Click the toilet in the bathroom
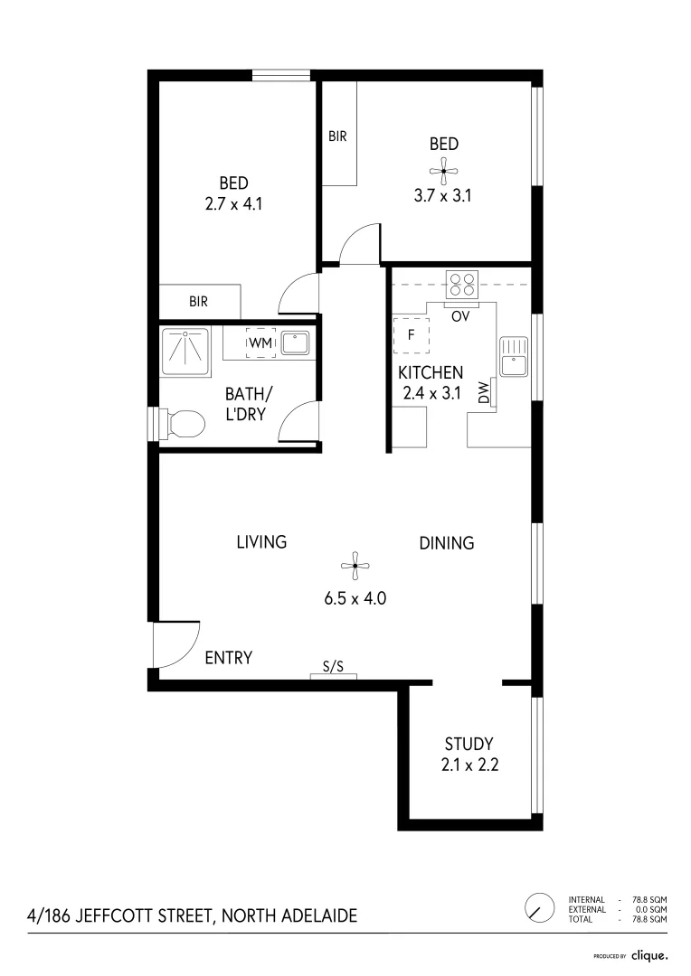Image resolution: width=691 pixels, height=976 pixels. point(181,423)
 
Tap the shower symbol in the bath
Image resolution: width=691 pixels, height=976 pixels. point(185,346)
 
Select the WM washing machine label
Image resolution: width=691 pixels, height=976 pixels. point(260,343)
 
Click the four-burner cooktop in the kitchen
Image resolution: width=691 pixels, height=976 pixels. point(463,284)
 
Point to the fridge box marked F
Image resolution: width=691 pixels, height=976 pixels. point(410,334)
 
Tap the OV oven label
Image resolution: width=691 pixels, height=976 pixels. point(459,315)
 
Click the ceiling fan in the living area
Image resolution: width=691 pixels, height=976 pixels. point(355,568)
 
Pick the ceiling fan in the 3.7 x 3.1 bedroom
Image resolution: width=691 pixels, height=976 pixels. point(443,169)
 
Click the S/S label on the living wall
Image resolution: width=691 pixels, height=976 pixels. point(333,667)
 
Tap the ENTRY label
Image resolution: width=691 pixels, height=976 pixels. point(228,658)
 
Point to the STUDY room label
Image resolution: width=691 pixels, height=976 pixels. point(469,744)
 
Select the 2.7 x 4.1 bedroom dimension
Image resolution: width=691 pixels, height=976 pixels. point(233,204)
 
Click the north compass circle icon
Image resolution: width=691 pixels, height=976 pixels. point(539,906)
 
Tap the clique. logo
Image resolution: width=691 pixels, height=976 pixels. point(648,954)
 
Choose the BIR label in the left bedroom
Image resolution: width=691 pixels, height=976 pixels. point(199,302)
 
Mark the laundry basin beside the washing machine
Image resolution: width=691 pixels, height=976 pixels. point(296,343)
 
